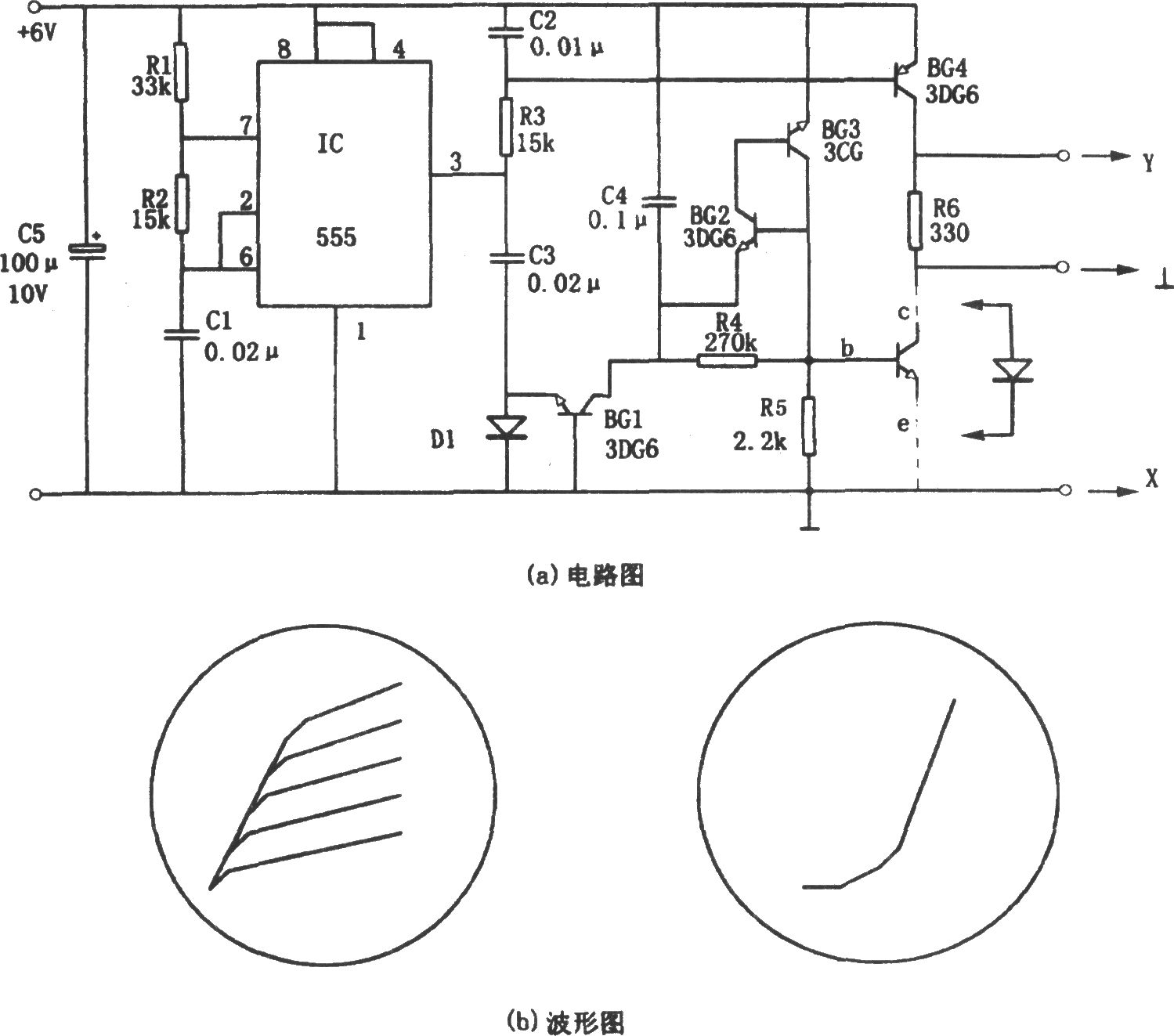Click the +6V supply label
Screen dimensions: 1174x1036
(38, 33)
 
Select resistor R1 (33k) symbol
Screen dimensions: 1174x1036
(182, 72)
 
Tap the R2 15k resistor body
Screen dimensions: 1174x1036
(182, 204)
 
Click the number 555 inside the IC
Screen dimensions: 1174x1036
(336, 237)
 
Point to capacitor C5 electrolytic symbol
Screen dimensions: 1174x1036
(88, 250)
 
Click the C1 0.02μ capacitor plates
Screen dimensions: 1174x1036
(182, 334)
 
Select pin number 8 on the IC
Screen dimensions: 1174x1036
(284, 50)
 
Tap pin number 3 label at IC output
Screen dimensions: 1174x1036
(456, 161)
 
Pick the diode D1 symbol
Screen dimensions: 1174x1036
(507, 427)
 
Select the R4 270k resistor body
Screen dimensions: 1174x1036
(727, 362)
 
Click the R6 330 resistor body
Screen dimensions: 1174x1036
(915, 221)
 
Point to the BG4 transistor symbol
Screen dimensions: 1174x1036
(904, 81)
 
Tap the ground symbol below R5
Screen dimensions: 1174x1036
(810, 528)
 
